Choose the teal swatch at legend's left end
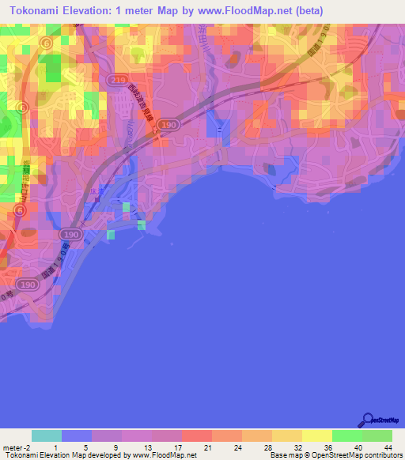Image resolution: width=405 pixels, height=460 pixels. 47,435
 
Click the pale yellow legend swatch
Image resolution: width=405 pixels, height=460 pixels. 317,435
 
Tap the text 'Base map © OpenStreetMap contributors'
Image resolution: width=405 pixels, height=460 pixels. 335,455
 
